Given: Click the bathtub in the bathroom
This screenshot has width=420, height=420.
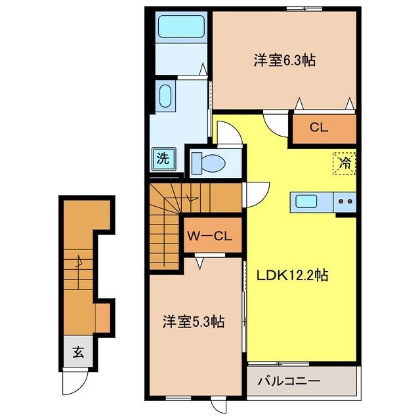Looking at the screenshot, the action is [181, 26].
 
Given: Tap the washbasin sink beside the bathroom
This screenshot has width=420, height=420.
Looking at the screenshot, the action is [165, 96].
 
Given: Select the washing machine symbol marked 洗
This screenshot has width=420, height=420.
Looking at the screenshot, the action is [163, 159].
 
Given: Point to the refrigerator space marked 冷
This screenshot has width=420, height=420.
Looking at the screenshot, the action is [345, 163].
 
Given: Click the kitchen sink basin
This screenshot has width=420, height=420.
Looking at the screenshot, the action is [306, 201].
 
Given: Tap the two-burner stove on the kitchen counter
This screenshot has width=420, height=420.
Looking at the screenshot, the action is [345, 201].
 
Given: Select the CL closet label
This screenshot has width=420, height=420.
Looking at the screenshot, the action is [319, 127].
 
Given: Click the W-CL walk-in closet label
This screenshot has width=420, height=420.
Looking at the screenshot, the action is [209, 236].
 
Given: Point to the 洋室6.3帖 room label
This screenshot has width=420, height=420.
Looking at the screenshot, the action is [284, 60].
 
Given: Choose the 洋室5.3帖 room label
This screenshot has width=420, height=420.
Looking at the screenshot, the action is [194, 322].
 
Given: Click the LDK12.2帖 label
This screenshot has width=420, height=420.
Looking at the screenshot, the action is [293, 275].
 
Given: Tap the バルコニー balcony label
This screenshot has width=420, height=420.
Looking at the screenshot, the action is [289, 381].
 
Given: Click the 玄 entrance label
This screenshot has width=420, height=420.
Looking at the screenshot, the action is [78, 352].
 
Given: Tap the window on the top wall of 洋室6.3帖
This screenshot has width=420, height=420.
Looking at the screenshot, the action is [304, 9].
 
